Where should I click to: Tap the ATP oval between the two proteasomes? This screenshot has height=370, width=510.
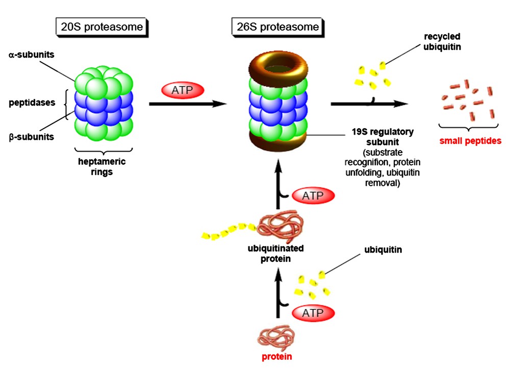(x=182, y=90)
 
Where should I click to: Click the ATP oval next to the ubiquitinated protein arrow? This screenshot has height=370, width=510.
(x=313, y=195)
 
